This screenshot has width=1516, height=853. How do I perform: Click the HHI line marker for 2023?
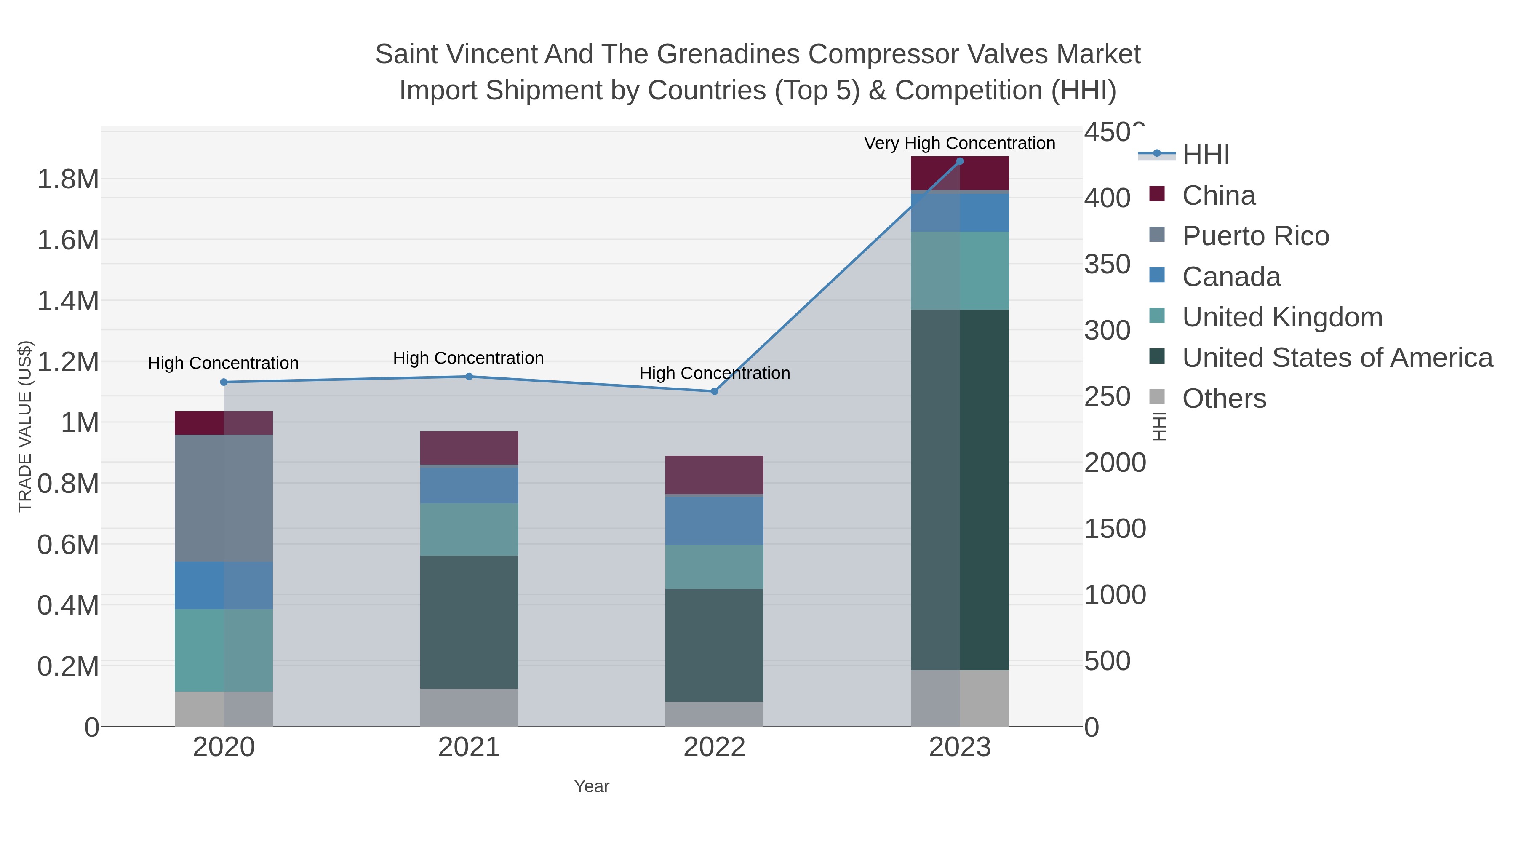[x=960, y=161]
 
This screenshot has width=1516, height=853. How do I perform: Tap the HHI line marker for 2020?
[x=224, y=382]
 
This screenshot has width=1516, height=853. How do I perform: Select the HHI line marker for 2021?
[x=469, y=376]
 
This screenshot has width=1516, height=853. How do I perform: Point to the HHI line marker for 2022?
[x=715, y=391]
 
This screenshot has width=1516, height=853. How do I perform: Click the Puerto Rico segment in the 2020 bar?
[x=224, y=498]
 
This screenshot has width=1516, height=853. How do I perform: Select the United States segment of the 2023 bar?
[x=960, y=490]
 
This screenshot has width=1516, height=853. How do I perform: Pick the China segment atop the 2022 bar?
[x=715, y=474]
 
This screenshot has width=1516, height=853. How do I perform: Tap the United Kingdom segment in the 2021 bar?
[x=469, y=529]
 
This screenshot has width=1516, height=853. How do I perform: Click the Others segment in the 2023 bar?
[x=960, y=698]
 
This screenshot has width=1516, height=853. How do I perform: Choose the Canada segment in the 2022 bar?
[x=715, y=520]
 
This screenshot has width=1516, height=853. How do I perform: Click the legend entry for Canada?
[x=1231, y=277]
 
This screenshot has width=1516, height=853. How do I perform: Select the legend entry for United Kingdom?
[x=1282, y=317]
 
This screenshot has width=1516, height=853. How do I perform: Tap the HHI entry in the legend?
[x=1205, y=155]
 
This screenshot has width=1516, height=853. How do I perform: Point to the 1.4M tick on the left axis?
[x=68, y=301]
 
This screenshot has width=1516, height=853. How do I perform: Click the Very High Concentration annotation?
[x=959, y=143]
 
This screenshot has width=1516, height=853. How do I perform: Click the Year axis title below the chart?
[x=592, y=786]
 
